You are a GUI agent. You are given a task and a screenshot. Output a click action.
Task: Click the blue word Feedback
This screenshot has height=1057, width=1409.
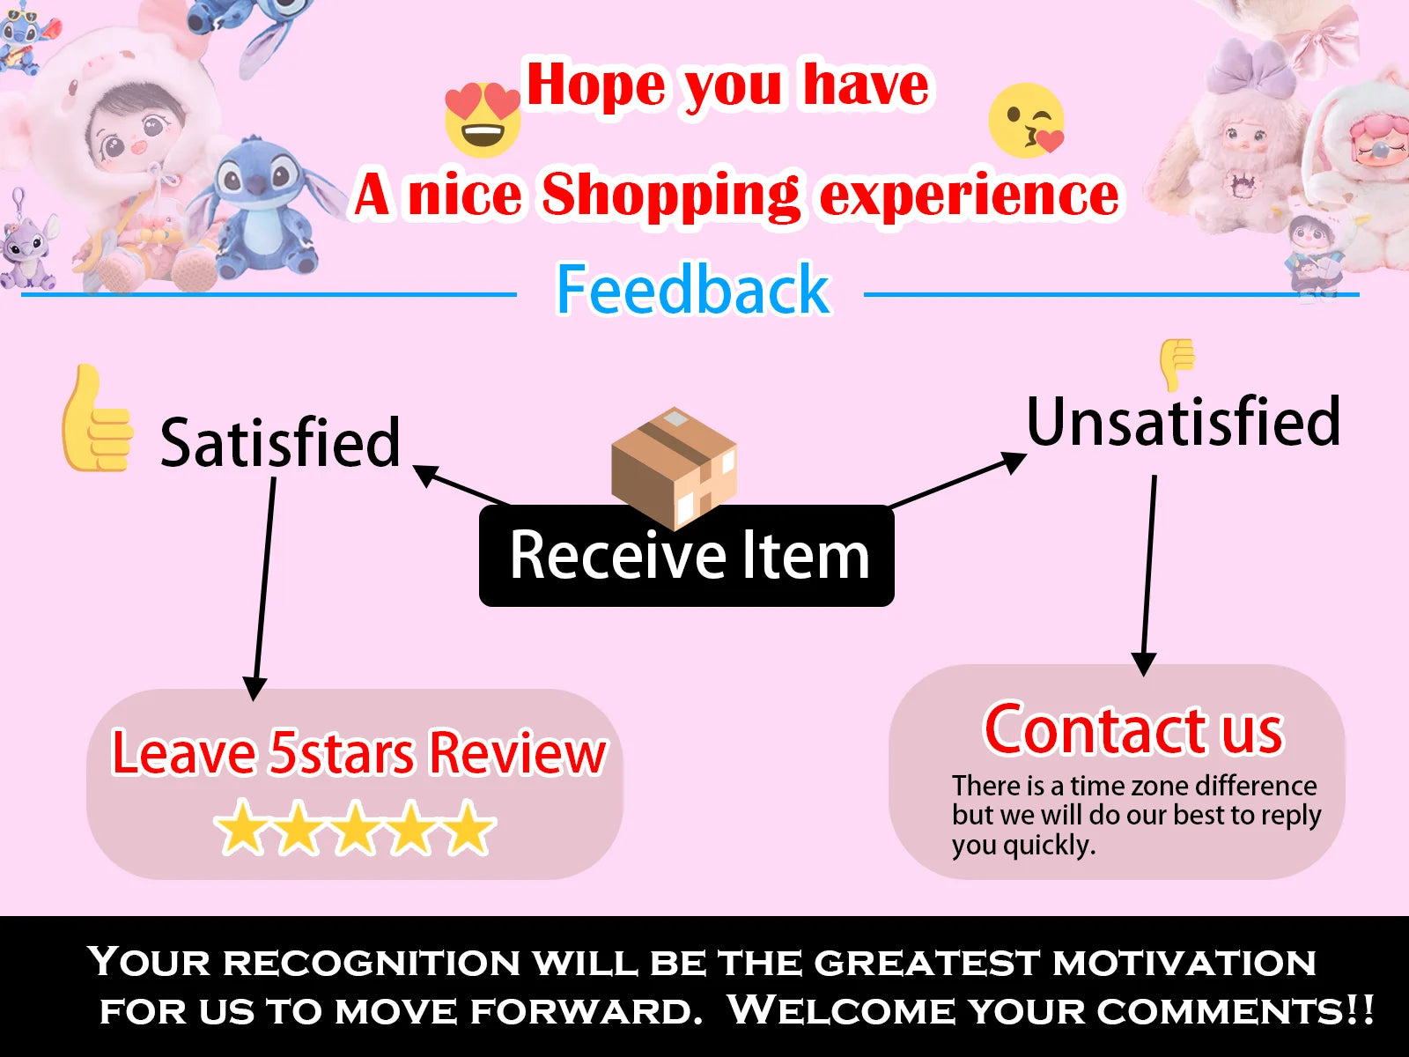point(693,289)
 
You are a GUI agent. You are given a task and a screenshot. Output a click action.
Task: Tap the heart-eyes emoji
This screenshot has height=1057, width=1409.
point(483,120)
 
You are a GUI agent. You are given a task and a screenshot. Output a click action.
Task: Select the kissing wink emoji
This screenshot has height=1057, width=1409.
point(1027,121)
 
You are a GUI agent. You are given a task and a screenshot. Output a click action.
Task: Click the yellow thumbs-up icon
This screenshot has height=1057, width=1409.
point(97,418)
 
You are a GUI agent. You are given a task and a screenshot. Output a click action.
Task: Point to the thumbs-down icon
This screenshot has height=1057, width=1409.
point(1177,364)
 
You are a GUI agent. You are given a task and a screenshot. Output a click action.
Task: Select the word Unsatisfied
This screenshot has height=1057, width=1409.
point(1183,422)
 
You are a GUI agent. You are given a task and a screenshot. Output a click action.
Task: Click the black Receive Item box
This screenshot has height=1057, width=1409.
point(687,556)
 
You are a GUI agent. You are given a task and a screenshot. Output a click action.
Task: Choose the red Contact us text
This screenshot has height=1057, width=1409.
point(1133,729)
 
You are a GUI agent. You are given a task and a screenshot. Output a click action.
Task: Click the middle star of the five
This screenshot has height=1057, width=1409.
point(355,827)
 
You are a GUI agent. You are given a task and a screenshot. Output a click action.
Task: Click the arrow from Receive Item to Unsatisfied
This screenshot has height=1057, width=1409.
point(958,480)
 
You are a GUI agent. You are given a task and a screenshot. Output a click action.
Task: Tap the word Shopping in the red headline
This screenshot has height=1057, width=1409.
point(671,195)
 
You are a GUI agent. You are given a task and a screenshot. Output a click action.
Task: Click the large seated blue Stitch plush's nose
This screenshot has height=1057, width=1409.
point(257,187)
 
